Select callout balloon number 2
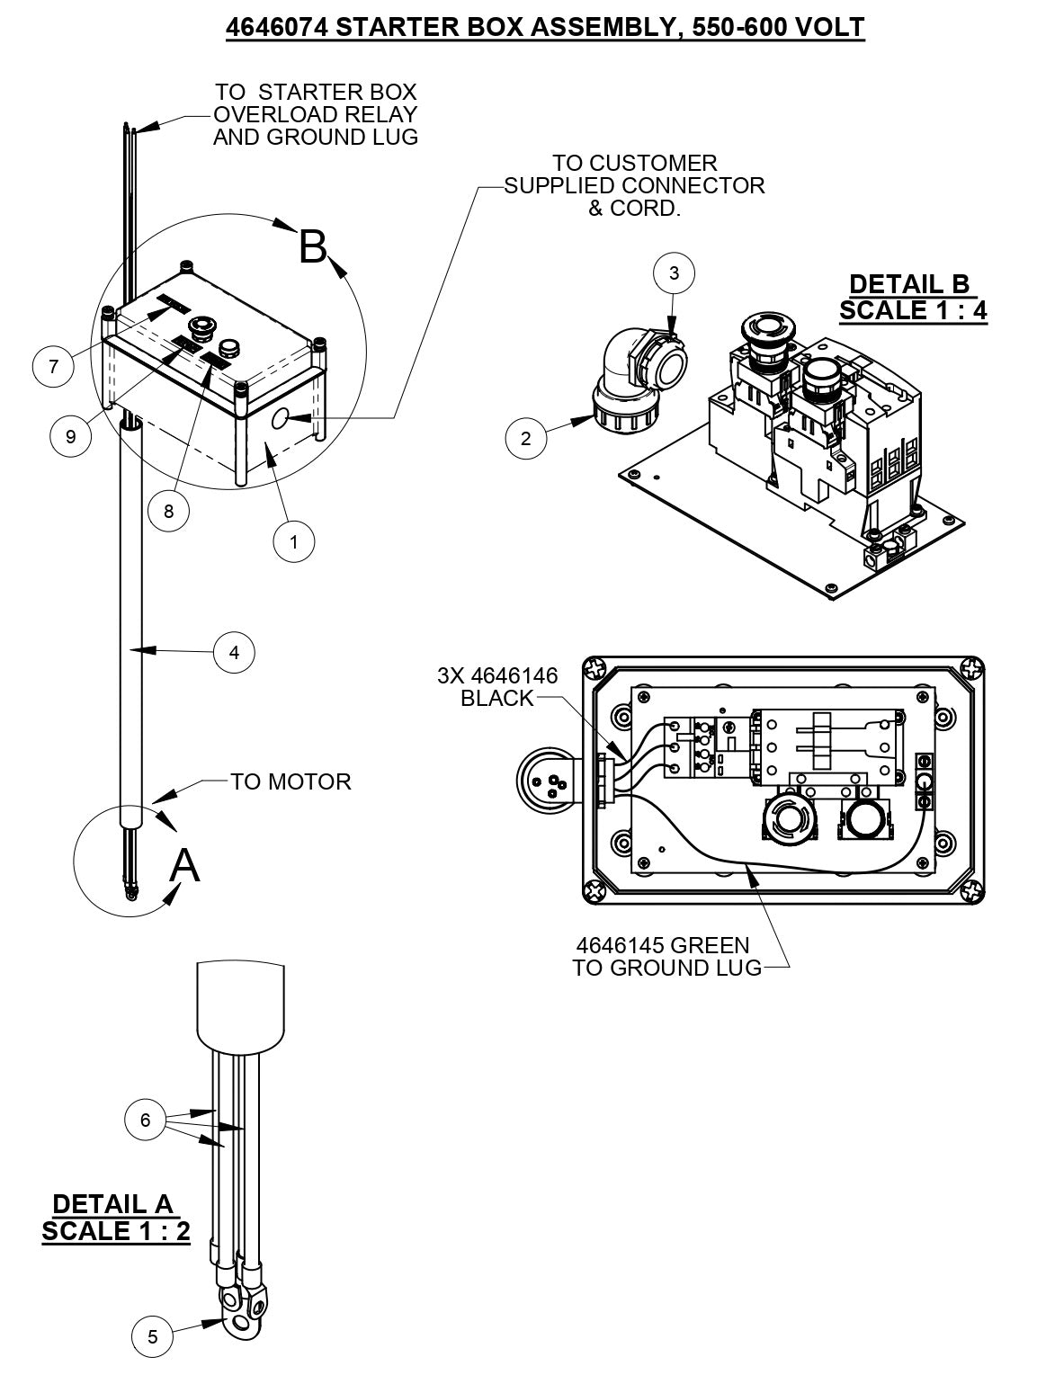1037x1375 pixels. (x=526, y=439)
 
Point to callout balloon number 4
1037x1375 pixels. (x=234, y=652)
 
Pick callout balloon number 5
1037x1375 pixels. (x=153, y=1336)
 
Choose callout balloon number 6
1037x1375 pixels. (x=146, y=1121)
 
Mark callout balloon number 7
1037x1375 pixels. (x=53, y=366)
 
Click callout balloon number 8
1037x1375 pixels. (x=169, y=511)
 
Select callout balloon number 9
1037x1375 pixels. (x=71, y=436)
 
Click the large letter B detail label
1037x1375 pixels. (x=312, y=246)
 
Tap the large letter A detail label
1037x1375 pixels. (x=184, y=865)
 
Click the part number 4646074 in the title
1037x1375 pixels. (x=270, y=27)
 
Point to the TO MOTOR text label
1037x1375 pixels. (x=291, y=781)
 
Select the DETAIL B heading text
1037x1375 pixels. (x=909, y=284)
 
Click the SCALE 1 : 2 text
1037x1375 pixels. (x=116, y=1231)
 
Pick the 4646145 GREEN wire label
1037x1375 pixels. (x=662, y=945)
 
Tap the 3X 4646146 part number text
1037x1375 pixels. (x=497, y=675)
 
